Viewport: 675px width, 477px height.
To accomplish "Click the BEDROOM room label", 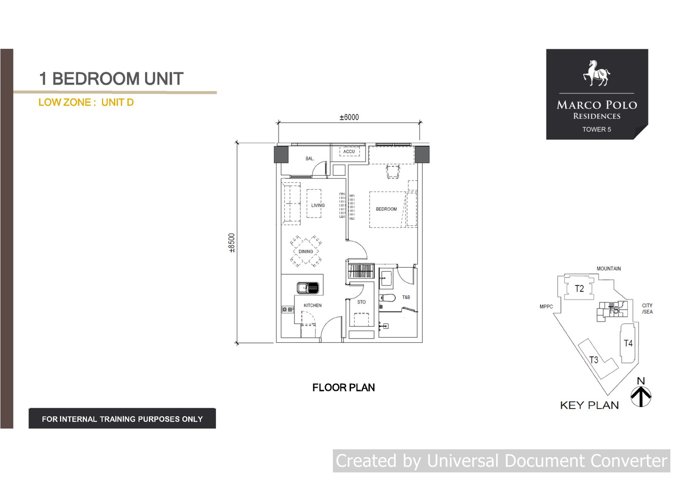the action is tap(386, 209).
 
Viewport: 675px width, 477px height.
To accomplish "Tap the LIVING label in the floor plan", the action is tap(318, 205).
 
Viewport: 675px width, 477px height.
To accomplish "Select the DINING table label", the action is tap(305, 252).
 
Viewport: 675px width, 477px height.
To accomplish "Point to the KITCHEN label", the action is tap(313, 305).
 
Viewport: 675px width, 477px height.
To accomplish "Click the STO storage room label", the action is tap(361, 302).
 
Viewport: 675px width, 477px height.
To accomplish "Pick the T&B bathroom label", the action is tap(406, 297).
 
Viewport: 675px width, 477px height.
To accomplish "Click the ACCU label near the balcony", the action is tap(349, 151).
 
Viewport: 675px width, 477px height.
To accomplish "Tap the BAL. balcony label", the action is tap(310, 159).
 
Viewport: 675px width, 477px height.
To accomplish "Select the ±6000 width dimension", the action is tap(349, 117).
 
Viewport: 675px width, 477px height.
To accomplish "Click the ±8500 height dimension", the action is tap(232, 243).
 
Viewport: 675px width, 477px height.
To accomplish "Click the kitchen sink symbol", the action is tap(308, 288).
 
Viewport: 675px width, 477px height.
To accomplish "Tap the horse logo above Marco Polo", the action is tap(597, 73).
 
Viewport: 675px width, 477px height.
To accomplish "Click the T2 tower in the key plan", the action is tap(579, 288).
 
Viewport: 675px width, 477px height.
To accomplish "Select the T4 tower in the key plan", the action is tap(628, 343).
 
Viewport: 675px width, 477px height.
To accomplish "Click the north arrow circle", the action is tap(641, 396).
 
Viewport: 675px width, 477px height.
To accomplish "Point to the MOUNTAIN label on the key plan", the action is tap(608, 269).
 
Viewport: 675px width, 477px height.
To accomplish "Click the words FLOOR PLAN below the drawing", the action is tap(343, 388).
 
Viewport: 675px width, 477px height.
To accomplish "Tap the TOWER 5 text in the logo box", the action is tap(597, 129).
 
